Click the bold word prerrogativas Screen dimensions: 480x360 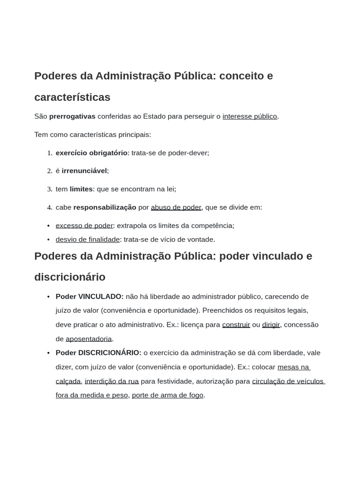click(72, 116)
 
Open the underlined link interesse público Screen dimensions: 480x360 click(249, 116)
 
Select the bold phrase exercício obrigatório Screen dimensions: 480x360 click(91, 153)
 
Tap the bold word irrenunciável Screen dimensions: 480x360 click(85, 171)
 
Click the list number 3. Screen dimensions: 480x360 click(49, 189)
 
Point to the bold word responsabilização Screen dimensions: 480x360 click(105, 207)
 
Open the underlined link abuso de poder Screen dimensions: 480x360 click(176, 207)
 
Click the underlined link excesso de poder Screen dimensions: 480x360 click(84, 225)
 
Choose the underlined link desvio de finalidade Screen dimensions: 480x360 click(88, 240)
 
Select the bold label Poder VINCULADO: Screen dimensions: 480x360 click(90, 297)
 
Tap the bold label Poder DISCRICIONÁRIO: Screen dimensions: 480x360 click(98, 353)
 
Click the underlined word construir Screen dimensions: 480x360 click(236, 325)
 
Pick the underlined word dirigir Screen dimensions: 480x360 click(271, 325)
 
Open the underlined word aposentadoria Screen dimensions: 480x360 click(89, 339)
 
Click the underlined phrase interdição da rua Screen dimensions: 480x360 click(112, 381)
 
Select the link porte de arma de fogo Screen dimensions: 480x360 click(167, 395)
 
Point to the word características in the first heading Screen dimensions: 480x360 click(72, 97)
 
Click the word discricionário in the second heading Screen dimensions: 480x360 click(70, 277)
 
